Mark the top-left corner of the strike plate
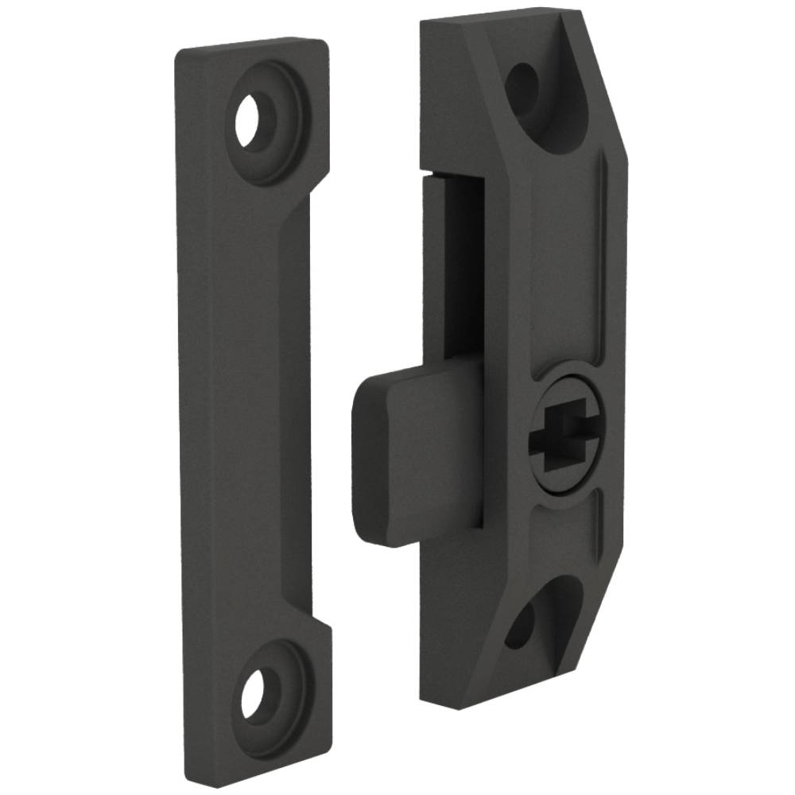click(180, 52)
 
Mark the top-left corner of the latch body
click(423, 24)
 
